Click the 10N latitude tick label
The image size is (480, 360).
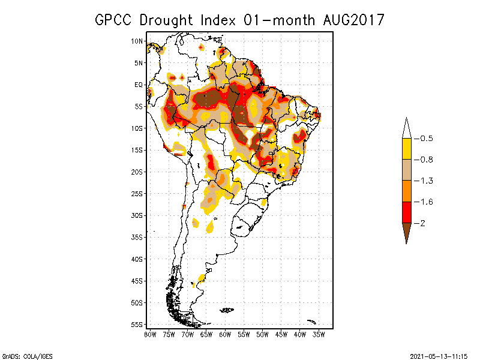[x=137, y=41]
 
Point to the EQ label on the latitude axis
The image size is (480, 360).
[x=138, y=85]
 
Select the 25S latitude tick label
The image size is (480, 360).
[x=137, y=194]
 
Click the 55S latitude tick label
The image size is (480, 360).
[x=137, y=325]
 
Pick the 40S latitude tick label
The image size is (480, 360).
[x=137, y=259]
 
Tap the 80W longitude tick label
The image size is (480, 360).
[x=150, y=334]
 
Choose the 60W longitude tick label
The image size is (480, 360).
[x=225, y=334]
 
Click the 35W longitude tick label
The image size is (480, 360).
[x=319, y=334]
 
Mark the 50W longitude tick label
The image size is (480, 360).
[x=262, y=334]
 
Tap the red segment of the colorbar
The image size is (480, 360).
[x=406, y=212]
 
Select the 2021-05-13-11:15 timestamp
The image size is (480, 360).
[x=439, y=355]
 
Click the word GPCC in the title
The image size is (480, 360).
[x=115, y=20]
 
